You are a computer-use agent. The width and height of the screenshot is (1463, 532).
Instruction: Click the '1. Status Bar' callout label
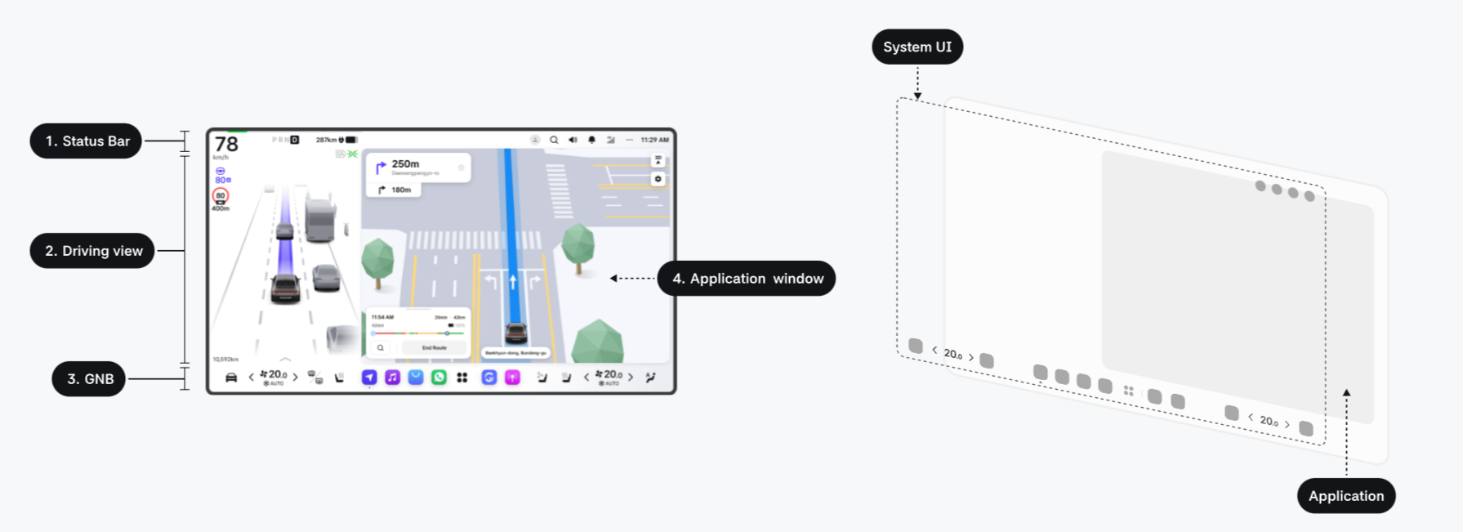coord(87,141)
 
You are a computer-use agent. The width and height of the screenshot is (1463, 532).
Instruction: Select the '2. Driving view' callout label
coord(93,251)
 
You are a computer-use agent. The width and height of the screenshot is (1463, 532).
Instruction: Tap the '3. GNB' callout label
coord(89,379)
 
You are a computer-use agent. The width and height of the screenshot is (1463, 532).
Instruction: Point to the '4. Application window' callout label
coord(747,279)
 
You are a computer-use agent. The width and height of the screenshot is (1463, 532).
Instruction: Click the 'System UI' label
coord(917,47)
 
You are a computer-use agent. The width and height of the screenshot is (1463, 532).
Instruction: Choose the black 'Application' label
coord(1346,496)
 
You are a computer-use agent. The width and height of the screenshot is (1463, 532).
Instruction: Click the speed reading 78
coord(226,145)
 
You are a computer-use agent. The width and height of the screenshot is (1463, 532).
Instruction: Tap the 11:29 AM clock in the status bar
coord(654,140)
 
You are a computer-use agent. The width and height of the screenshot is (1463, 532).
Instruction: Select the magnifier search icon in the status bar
coord(554,140)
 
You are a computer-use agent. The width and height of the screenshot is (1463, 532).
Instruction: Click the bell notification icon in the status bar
coord(591,140)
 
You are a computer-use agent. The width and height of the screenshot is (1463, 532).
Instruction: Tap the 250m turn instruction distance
coord(405,164)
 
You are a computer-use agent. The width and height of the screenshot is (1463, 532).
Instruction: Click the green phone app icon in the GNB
coord(439,378)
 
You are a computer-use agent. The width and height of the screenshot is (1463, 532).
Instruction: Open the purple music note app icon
coord(393,378)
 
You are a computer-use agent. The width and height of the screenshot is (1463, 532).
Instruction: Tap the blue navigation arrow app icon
coord(369,378)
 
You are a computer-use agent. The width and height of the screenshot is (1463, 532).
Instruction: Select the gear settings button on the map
coord(658,179)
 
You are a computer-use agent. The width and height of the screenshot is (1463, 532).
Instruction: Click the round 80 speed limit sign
coord(221,195)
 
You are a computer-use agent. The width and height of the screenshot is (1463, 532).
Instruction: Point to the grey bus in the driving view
coord(320,218)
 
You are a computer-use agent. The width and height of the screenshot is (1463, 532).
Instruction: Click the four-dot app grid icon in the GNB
coord(462,378)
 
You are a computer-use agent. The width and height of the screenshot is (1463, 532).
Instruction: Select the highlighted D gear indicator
coord(295,140)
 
